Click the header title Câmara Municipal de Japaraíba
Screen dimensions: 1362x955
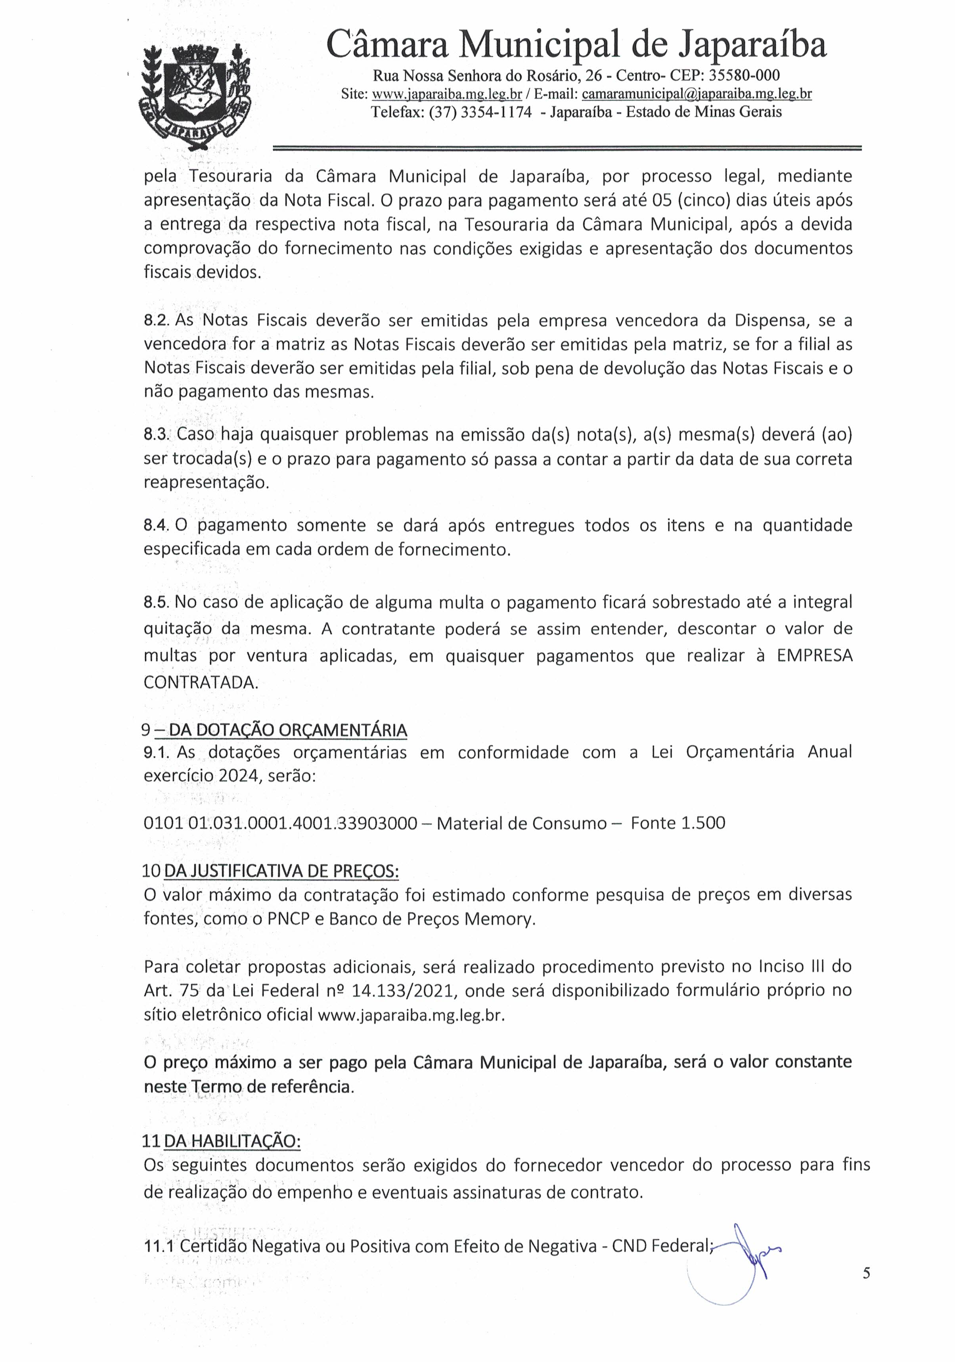pyautogui.click(x=576, y=44)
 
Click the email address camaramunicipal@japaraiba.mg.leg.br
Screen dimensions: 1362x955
pyautogui.click(x=696, y=94)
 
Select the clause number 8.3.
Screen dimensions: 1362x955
pyautogui.click(x=157, y=435)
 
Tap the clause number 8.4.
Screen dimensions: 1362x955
pyautogui.click(x=157, y=525)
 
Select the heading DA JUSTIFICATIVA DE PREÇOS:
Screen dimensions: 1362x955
pyautogui.click(x=281, y=871)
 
